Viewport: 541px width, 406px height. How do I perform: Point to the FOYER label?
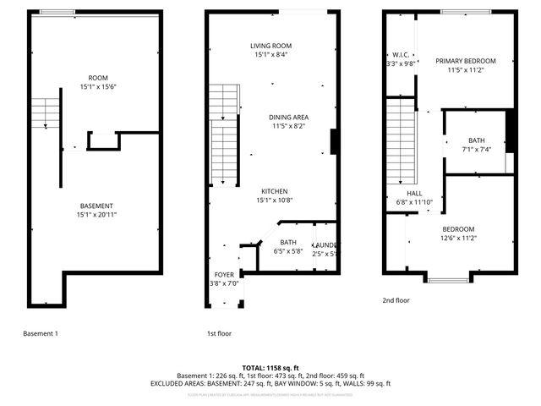pyautogui.click(x=224, y=274)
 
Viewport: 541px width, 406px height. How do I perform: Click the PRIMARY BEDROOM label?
pyautogui.click(x=465, y=61)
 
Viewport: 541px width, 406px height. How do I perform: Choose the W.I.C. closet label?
pyautogui.click(x=401, y=54)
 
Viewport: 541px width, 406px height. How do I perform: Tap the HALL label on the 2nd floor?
pyautogui.click(x=414, y=193)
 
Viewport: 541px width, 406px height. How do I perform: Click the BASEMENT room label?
pyautogui.click(x=97, y=206)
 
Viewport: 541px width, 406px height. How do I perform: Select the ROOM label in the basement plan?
pyautogui.click(x=97, y=77)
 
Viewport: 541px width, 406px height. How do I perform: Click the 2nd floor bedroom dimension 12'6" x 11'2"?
pyautogui.click(x=457, y=239)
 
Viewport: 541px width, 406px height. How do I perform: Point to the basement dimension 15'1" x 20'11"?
pyautogui.click(x=97, y=215)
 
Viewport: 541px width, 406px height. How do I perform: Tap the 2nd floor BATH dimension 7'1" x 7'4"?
pyautogui.click(x=476, y=150)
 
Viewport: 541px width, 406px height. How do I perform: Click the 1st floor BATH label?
pyautogui.click(x=288, y=242)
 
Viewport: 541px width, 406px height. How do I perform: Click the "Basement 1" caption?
pyautogui.click(x=41, y=333)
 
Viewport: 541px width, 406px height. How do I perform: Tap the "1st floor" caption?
pyautogui.click(x=219, y=333)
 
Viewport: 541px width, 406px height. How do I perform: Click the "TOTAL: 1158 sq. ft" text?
pyautogui.click(x=270, y=368)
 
